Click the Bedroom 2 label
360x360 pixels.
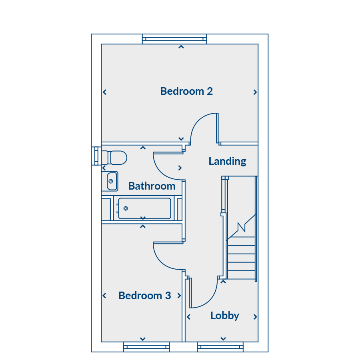(186, 91)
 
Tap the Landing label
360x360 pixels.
(227, 161)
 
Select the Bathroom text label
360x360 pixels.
(152, 186)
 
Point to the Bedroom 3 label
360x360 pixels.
(145, 296)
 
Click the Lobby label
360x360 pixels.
(225, 316)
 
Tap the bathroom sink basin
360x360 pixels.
(112, 181)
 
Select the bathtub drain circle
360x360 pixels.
(126, 208)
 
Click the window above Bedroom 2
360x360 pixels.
(174, 39)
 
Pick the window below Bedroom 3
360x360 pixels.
(146, 347)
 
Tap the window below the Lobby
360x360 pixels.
(220, 347)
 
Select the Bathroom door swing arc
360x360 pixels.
(161, 172)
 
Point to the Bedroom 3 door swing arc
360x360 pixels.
(161, 261)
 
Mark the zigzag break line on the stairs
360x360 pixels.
(241, 227)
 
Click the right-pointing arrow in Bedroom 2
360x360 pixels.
(255, 92)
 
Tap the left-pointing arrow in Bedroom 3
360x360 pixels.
(104, 296)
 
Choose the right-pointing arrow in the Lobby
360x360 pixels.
(255, 317)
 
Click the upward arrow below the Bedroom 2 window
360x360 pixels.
(181, 47)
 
